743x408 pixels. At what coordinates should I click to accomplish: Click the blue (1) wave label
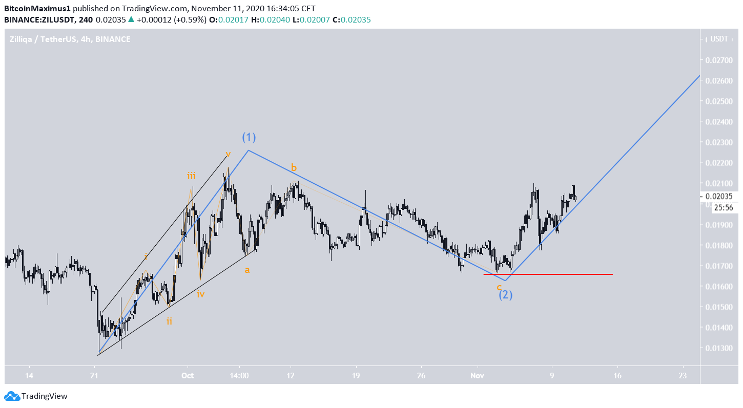[x=249, y=137]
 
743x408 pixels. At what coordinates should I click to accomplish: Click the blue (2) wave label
[x=506, y=295]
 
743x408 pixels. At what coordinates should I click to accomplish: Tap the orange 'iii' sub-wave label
[x=191, y=176]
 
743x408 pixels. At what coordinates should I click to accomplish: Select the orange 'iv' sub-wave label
[x=200, y=294]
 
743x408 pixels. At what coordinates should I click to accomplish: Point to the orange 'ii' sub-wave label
[x=169, y=321]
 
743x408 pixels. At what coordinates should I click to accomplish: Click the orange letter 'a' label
[x=247, y=270]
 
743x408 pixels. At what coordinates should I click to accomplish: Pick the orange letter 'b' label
[x=294, y=167]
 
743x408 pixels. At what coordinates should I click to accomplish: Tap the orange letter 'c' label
[x=499, y=287]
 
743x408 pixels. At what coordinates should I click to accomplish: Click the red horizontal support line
[x=548, y=274]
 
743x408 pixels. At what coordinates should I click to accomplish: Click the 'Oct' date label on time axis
[x=188, y=375]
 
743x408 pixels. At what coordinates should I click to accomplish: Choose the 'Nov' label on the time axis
[x=478, y=375]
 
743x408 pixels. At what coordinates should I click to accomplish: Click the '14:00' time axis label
[x=239, y=375]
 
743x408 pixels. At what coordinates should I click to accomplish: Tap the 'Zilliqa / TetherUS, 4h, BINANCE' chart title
[x=70, y=39]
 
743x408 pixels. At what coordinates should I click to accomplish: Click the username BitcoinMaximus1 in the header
[x=37, y=9]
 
